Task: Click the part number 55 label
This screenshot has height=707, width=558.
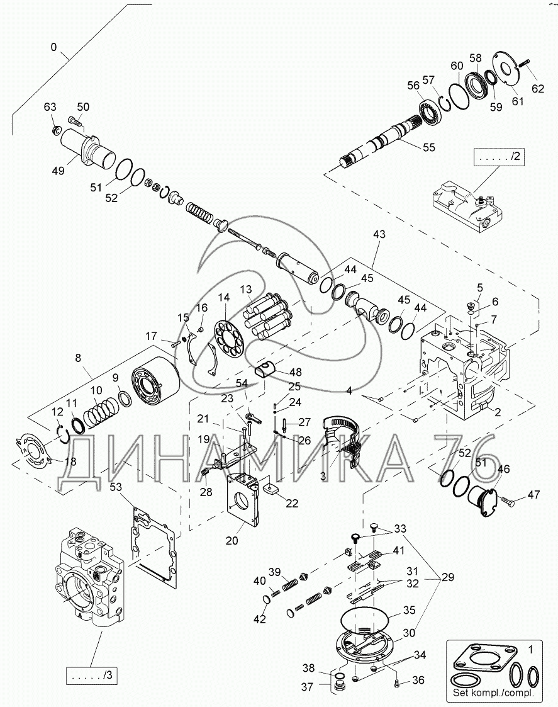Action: [x=428, y=147]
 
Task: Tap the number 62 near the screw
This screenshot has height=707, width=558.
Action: [x=538, y=88]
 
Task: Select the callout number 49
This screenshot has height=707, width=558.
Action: [x=58, y=171]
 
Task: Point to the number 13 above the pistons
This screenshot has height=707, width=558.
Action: [x=245, y=289]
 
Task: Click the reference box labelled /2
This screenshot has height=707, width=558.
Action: [x=499, y=157]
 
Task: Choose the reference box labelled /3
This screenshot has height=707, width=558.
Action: [x=92, y=675]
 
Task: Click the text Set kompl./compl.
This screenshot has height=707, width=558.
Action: [x=494, y=693]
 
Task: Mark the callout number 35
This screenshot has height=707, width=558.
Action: [x=409, y=610]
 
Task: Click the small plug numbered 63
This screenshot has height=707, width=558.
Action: [x=57, y=131]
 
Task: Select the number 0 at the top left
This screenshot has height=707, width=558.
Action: [x=54, y=47]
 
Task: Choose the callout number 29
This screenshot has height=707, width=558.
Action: [x=447, y=577]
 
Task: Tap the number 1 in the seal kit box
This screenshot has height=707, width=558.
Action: [x=530, y=649]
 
